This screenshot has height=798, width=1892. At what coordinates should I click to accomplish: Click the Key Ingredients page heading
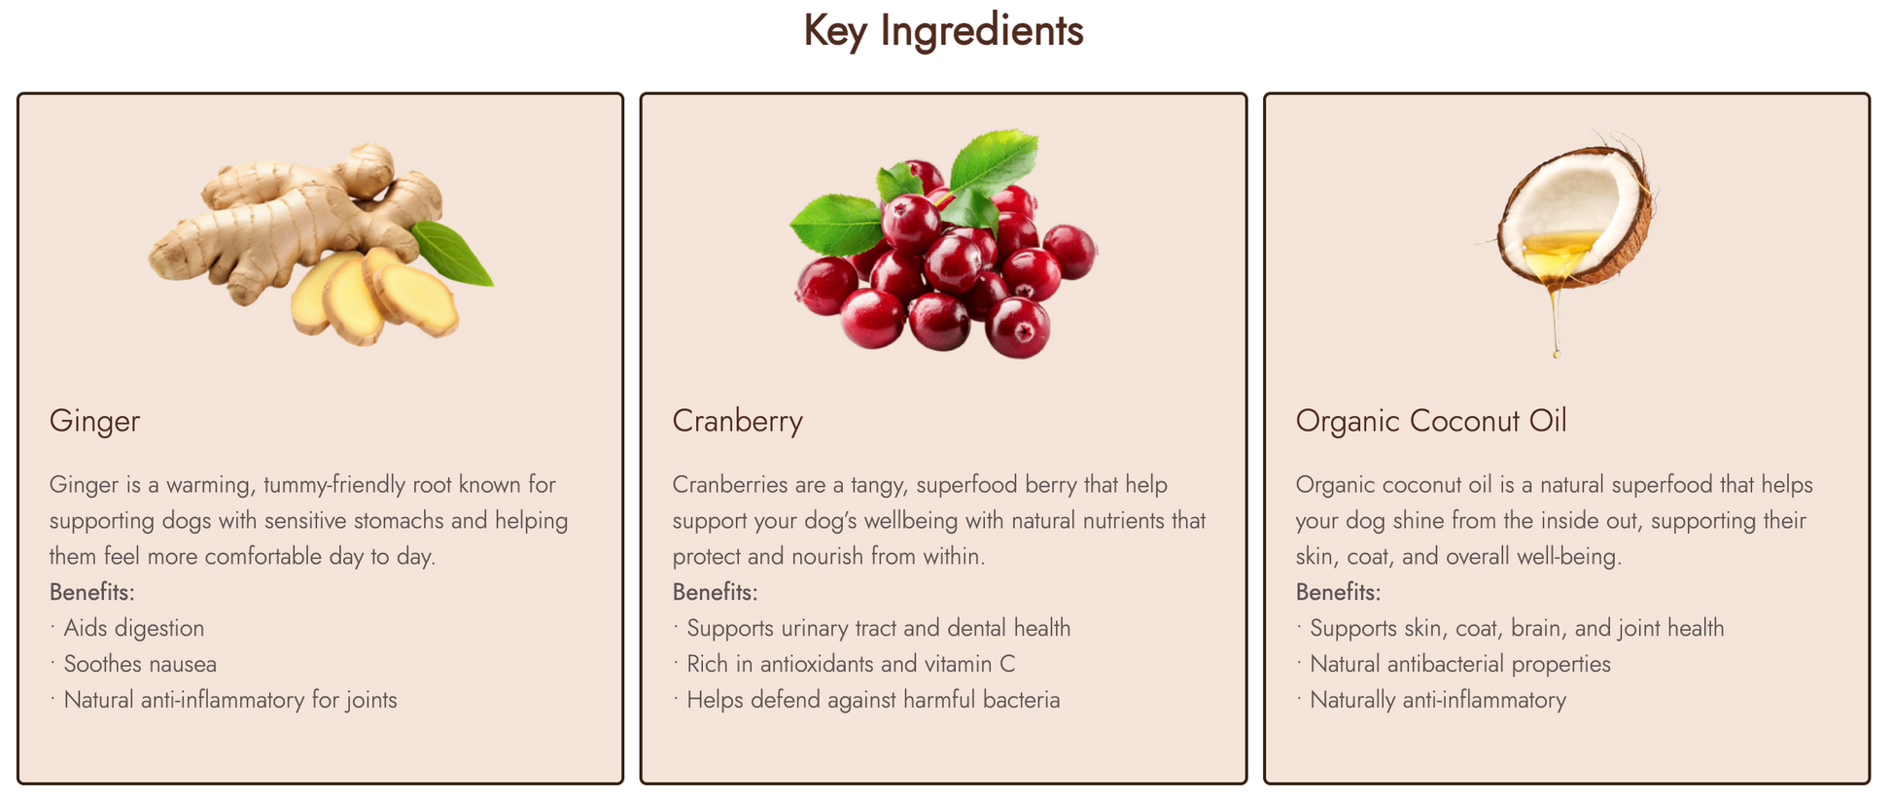pyautogui.click(x=943, y=31)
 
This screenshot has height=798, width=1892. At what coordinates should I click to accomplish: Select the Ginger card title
pyautogui.click(x=94, y=422)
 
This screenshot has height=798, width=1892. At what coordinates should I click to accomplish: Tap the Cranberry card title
pyautogui.click(x=737, y=422)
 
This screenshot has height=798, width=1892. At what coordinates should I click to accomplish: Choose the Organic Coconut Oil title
pyautogui.click(x=1431, y=422)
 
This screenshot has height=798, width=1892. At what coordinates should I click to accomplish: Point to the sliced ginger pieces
pyautogui.click(x=374, y=296)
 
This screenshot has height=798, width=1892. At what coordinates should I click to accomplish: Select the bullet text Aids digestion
pyautogui.click(x=134, y=628)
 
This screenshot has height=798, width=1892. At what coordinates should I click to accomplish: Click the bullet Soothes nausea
pyautogui.click(x=140, y=664)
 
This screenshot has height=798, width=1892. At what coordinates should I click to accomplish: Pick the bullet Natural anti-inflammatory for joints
pyautogui.click(x=230, y=700)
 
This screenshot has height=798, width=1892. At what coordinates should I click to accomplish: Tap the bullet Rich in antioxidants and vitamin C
pyautogui.click(x=851, y=664)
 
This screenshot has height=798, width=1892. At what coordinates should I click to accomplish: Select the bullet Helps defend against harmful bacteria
pyautogui.click(x=873, y=700)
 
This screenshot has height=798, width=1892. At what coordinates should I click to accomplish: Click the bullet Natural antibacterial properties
pyautogui.click(x=1460, y=664)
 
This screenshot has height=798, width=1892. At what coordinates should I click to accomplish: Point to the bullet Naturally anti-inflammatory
pyautogui.click(x=1438, y=700)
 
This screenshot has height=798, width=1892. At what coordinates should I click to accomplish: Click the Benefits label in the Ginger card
pyautogui.click(x=92, y=592)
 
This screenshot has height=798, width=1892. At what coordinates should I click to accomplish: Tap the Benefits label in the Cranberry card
pyautogui.click(x=716, y=592)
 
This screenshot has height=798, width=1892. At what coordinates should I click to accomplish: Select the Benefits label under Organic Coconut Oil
pyautogui.click(x=1339, y=592)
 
